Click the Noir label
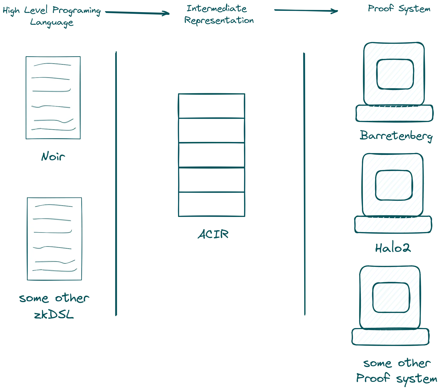click(53, 156)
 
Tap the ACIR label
click(213, 234)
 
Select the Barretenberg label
click(396, 136)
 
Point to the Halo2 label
click(393, 248)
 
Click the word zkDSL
click(54, 314)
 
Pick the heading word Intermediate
click(217, 8)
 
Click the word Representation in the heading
click(219, 20)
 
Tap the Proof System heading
click(399, 9)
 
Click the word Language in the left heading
click(52, 22)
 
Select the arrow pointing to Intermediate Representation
click(137, 13)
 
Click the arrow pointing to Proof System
click(306, 11)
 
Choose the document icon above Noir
click(53, 98)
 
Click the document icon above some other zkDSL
click(54, 239)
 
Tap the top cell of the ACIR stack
click(212, 106)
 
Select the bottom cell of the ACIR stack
click(212, 204)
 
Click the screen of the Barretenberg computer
click(395, 74)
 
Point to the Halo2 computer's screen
click(394, 185)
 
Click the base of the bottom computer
click(390, 337)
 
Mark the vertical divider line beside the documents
click(116, 184)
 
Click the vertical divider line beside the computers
click(304, 184)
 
